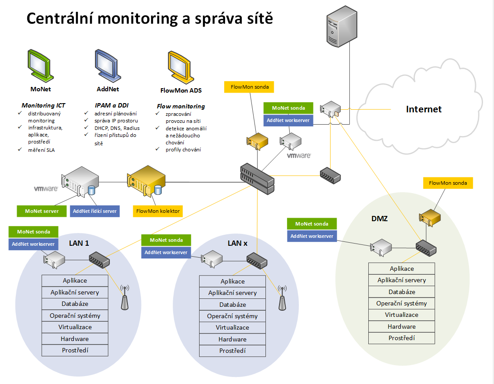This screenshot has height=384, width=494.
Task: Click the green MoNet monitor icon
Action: (41, 65)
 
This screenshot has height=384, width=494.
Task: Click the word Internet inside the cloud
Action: (424, 109)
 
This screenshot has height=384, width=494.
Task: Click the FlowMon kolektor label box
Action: (158, 211)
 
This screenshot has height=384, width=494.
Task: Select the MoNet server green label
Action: (42, 211)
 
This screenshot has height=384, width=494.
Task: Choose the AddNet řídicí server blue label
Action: (95, 211)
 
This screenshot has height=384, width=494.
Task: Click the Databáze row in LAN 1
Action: (75, 304)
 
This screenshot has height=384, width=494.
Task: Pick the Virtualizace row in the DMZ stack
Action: (402, 315)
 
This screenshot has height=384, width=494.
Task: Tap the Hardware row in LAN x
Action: (232, 339)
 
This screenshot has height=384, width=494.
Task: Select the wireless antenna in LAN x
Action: (282, 298)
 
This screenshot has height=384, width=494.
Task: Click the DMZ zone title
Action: (379, 218)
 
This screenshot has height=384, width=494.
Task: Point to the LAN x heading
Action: (237, 243)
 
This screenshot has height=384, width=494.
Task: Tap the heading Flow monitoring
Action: (181, 106)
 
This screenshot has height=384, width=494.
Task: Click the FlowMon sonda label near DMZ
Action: (448, 183)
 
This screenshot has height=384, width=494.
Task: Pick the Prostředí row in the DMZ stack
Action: (402, 338)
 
